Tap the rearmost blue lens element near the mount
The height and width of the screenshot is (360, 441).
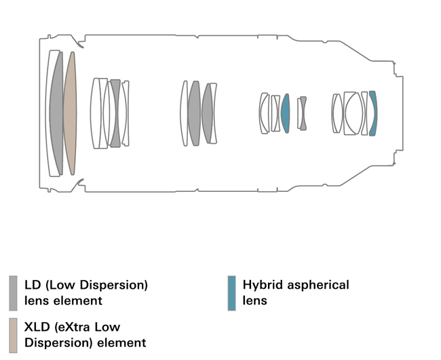pos(372,113)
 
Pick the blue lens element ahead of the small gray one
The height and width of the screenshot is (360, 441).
pos(286,113)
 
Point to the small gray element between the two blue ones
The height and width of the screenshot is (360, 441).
pos(303,113)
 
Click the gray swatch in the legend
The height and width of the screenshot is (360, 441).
pos(14,292)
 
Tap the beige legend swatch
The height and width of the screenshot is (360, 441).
pos(14,333)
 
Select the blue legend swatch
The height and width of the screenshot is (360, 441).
pos(232,292)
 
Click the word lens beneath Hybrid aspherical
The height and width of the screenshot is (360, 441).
pos(255,300)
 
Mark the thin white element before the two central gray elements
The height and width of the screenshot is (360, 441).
pos(184,113)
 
